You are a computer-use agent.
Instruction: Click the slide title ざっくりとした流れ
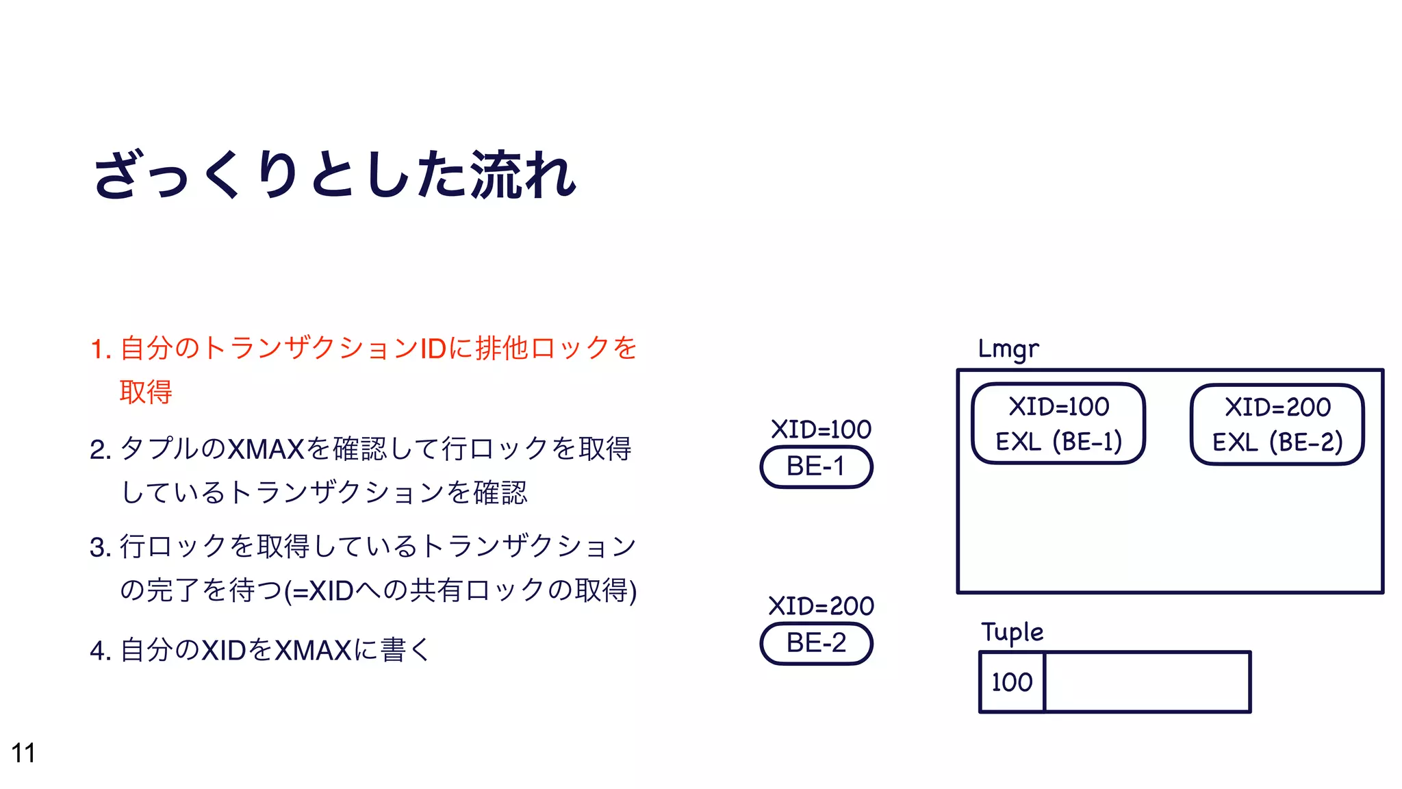[335, 175]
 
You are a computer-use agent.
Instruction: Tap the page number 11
[23, 753]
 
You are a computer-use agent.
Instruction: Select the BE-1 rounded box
[816, 467]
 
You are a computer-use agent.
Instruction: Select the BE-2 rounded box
[816, 644]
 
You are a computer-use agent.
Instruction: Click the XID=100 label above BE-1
[821, 429]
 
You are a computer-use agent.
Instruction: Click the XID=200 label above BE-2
[821, 606]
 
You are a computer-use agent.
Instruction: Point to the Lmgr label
[1008, 349]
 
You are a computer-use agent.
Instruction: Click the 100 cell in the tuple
[1012, 682]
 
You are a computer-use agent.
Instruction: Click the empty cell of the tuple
[1147, 682]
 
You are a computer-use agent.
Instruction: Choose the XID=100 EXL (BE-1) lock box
[1058, 424]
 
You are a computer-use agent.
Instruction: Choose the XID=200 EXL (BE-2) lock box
[1277, 425]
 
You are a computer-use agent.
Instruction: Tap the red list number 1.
[100, 349]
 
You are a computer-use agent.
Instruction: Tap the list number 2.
[100, 450]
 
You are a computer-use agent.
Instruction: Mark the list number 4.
[100, 651]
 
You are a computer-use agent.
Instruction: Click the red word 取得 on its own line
[146, 392]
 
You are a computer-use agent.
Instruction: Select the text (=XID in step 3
[318, 590]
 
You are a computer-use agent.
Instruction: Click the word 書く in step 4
[406, 650]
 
